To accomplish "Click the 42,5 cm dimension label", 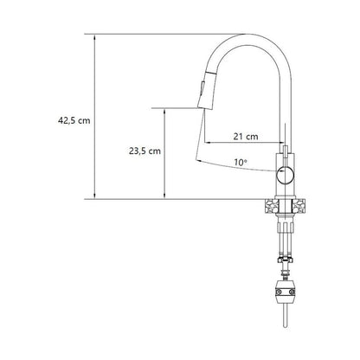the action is coord(74,120).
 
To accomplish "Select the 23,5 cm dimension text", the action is coord(145,151).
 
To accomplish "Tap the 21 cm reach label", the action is coord(246,136).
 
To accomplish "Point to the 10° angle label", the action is coord(241,162).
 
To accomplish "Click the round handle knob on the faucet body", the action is coord(285,175).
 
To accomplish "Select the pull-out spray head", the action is coord(206,90).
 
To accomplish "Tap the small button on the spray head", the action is coord(202,87).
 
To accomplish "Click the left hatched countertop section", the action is coord(271,206).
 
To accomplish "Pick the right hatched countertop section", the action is coord(299,206).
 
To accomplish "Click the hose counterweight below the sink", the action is coord(285,292).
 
